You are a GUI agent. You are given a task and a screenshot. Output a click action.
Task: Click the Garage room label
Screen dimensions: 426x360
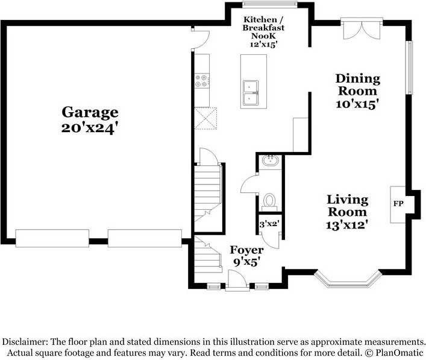click(x=90, y=112)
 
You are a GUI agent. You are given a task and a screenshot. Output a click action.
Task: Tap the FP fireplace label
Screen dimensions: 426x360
click(x=398, y=203)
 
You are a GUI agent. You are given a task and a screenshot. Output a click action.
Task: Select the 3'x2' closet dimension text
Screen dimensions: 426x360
click(x=269, y=224)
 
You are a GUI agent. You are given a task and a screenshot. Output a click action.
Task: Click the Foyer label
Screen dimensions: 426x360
click(x=246, y=250)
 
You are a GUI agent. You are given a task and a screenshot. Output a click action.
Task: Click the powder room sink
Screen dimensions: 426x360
click(x=270, y=160)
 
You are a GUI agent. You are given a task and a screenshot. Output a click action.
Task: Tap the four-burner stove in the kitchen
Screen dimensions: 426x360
click(x=202, y=81)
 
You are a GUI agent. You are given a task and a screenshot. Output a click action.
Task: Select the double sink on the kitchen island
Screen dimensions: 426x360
click(x=251, y=93)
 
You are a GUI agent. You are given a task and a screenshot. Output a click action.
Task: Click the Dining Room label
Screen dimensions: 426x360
click(x=358, y=84)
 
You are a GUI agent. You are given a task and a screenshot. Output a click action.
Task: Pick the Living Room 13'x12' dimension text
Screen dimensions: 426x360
click(x=347, y=225)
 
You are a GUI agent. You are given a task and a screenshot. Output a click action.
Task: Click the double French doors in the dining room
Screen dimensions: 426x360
click(x=362, y=28)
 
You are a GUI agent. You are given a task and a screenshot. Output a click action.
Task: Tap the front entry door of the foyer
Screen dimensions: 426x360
click(x=237, y=280)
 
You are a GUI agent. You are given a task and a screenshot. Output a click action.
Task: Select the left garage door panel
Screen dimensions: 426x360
click(x=52, y=238)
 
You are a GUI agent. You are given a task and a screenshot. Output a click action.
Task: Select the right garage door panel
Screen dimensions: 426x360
click(x=145, y=238)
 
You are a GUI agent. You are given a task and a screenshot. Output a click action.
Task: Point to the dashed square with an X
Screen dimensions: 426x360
click(x=205, y=118)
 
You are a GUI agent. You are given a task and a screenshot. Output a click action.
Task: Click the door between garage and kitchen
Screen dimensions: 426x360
click(x=200, y=39)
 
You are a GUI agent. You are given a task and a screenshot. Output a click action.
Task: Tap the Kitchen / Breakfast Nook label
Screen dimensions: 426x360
click(x=260, y=28)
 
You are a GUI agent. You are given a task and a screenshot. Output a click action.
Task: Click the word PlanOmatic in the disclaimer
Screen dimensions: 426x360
click(x=399, y=353)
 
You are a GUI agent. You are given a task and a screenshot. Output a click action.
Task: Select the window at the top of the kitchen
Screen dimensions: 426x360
click(x=269, y=4)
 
